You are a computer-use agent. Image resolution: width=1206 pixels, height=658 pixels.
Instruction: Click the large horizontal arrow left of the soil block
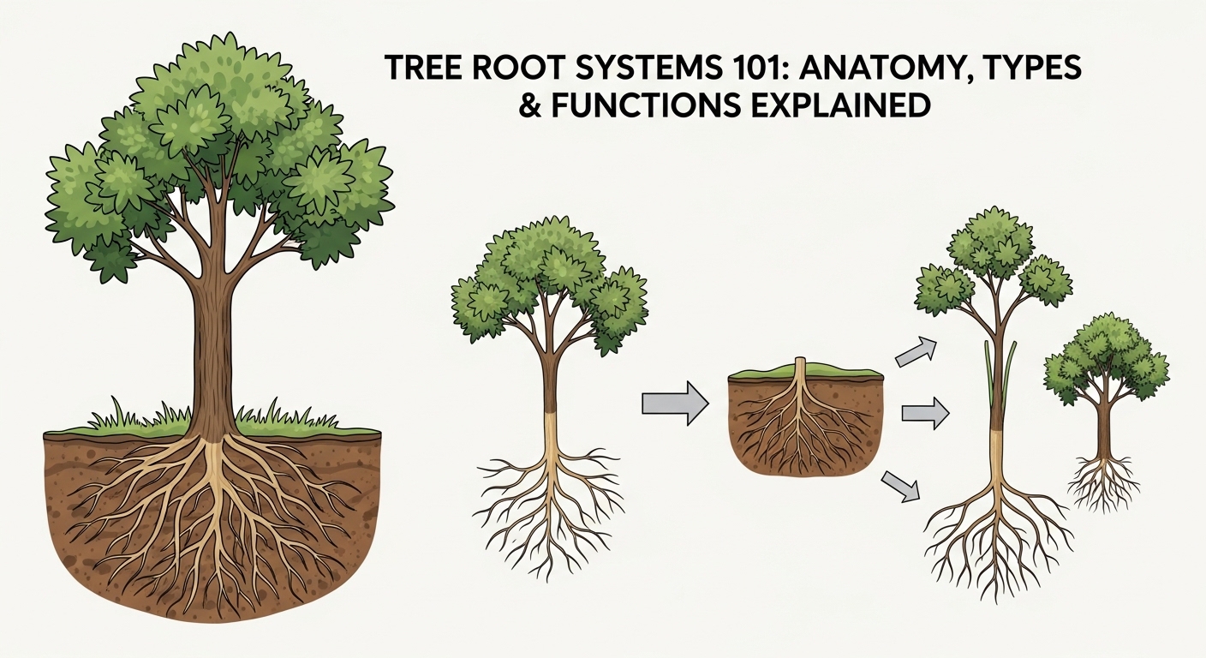tap(675, 403)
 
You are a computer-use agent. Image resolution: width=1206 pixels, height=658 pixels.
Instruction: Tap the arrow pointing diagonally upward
tap(915, 351)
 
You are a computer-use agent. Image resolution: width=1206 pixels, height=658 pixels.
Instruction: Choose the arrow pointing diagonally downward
tap(900, 485)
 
